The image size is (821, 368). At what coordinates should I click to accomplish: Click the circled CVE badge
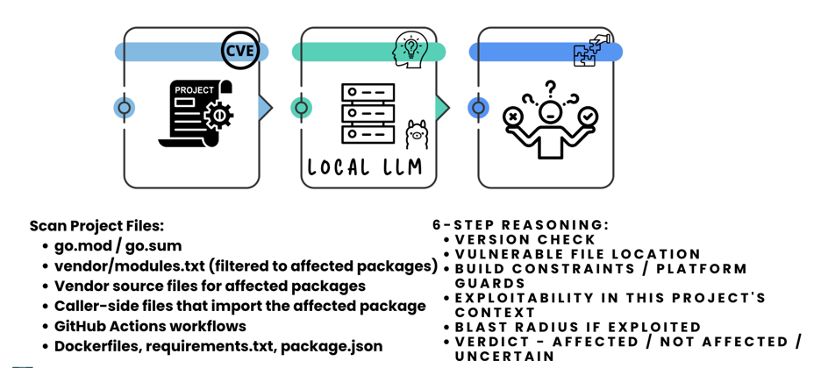239,51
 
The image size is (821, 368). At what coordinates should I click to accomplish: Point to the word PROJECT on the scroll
194,90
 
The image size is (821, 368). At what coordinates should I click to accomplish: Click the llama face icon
417,134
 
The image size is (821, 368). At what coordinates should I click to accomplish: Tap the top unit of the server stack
368,92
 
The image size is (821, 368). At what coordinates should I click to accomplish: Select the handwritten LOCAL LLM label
364,167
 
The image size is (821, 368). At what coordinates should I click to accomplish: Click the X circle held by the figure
512,117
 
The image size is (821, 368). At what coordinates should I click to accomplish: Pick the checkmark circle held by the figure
588,116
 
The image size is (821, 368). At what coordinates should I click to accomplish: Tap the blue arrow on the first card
266,108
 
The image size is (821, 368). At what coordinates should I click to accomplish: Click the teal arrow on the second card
443,108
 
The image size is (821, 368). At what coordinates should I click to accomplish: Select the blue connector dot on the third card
478,108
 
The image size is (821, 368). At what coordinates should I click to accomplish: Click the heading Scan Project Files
96,226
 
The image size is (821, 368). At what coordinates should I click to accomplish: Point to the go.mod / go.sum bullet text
118,245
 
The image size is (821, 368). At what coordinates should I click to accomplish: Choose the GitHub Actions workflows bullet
150,326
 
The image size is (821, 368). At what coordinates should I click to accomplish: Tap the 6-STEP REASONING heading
521,225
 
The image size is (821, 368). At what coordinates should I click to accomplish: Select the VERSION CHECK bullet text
525,239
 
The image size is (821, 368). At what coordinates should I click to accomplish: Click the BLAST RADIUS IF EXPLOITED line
577,327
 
